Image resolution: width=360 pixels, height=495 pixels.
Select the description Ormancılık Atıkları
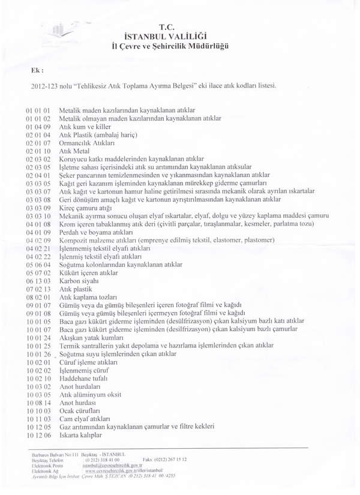coord(82,143)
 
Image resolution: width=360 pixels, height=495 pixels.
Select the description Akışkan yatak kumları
coord(91,337)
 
